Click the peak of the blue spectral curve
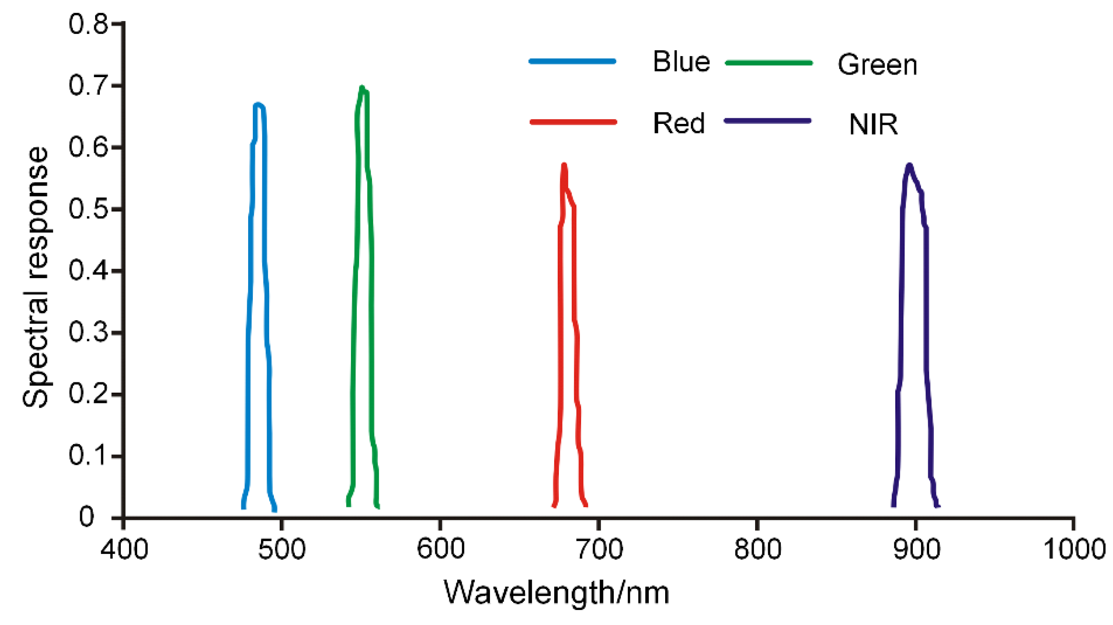click(x=258, y=105)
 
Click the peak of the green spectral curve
click(x=362, y=88)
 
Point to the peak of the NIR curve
click(x=909, y=165)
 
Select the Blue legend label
click(x=681, y=62)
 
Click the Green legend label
click(x=877, y=65)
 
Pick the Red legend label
click(x=678, y=123)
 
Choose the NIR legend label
click(x=873, y=125)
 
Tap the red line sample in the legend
click(x=573, y=122)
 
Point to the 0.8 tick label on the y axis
click(x=88, y=24)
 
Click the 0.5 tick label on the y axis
click(x=88, y=210)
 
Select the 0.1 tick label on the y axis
click(x=88, y=456)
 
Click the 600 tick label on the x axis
click(x=440, y=549)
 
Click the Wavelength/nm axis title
click(x=556, y=592)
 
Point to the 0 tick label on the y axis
click(x=87, y=517)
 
